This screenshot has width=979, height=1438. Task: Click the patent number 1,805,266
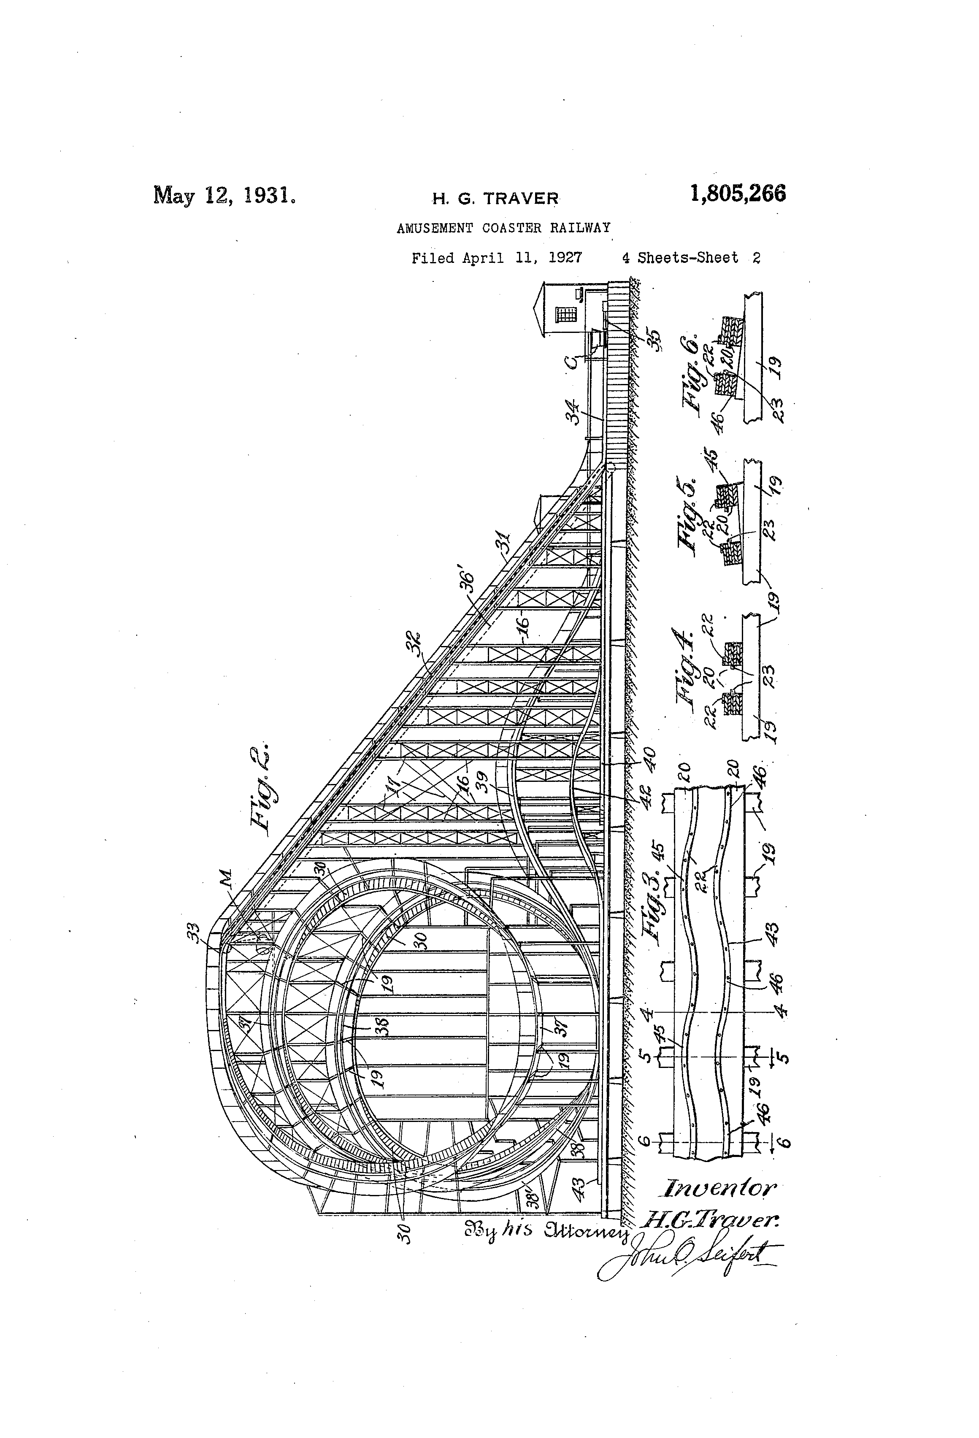pyautogui.click(x=738, y=194)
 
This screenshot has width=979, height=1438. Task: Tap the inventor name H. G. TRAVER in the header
pyautogui.click(x=495, y=199)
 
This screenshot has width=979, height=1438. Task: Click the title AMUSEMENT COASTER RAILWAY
pyautogui.click(x=503, y=228)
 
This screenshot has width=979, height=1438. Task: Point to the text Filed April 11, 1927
pyautogui.click(x=496, y=258)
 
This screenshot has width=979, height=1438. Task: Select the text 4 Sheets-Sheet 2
pyautogui.click(x=691, y=258)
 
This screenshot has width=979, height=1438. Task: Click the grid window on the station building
pyautogui.click(x=565, y=315)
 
